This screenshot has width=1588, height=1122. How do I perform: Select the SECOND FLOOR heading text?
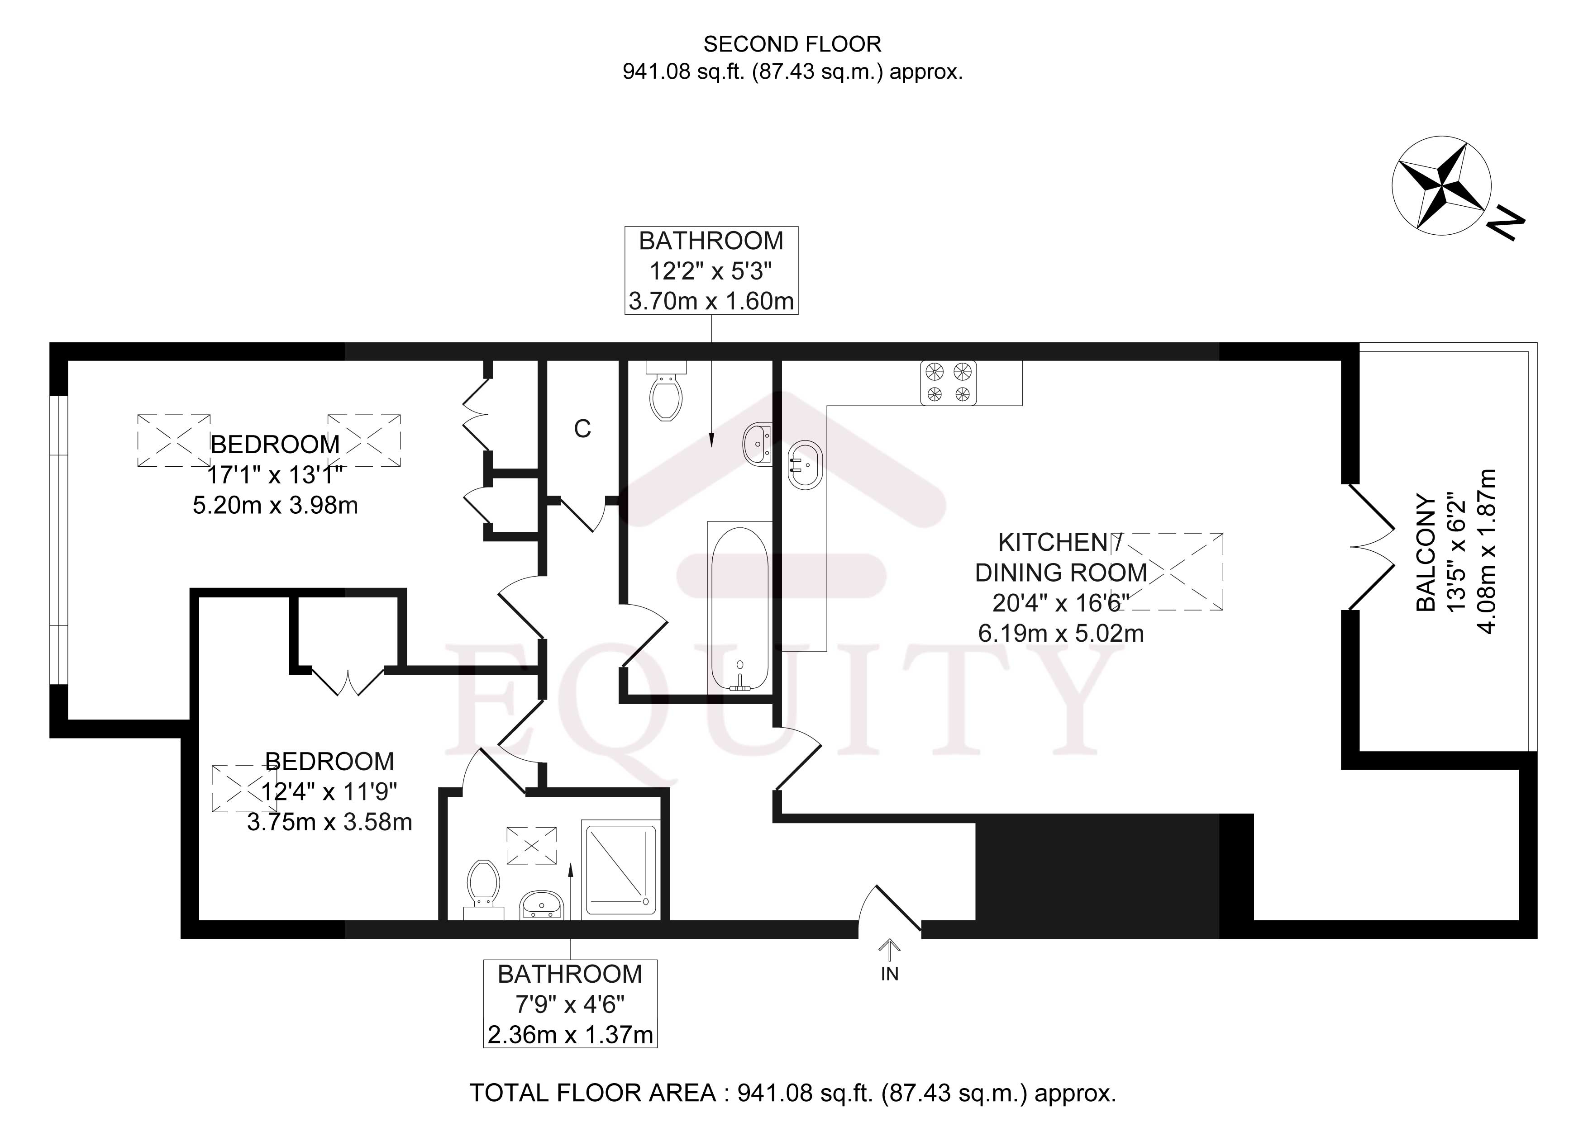click(792, 44)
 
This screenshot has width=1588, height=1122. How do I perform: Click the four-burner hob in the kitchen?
click(948, 382)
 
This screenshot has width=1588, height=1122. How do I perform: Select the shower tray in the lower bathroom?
click(620, 869)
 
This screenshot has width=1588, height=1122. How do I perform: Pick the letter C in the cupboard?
click(582, 429)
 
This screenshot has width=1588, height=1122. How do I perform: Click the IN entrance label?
click(889, 974)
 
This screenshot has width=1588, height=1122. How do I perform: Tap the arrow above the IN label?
click(889, 949)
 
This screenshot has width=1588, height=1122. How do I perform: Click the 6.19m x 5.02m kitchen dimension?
click(1060, 633)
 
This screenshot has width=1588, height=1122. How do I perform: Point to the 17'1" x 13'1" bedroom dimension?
click(275, 475)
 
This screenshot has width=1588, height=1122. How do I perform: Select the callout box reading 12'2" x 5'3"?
click(711, 271)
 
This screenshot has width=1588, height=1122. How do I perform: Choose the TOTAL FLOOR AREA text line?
click(792, 1093)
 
